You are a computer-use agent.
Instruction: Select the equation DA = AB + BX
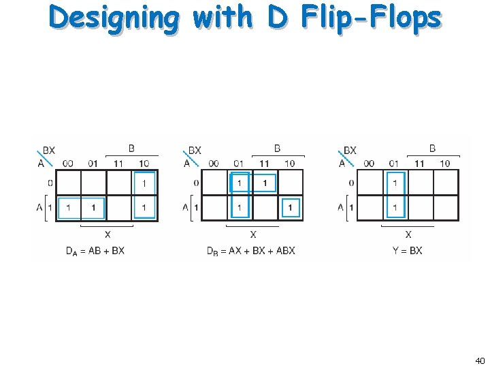[x=95, y=251]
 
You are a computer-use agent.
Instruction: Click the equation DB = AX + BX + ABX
[x=250, y=251]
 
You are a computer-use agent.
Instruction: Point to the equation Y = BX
[x=407, y=251]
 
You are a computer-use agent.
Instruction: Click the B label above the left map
[x=131, y=148]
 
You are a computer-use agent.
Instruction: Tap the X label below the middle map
[x=253, y=234]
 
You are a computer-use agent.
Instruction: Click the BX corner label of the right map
[x=350, y=151]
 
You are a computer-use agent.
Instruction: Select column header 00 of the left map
[x=68, y=164]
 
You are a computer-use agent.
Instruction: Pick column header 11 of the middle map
[x=264, y=164]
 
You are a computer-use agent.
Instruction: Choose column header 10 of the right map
[x=444, y=164]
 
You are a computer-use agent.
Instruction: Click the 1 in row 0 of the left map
[x=144, y=183]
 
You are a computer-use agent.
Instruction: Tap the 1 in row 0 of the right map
[x=395, y=183]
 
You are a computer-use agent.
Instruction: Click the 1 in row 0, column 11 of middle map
[x=264, y=183]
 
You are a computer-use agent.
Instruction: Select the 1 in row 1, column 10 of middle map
[x=291, y=207]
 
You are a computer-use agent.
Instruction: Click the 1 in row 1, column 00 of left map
[x=68, y=207]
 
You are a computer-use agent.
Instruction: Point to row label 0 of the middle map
[x=196, y=183]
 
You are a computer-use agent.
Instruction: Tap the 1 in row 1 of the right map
[x=395, y=207]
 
